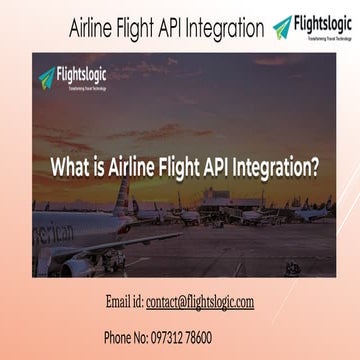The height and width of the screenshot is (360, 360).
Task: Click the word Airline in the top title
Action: click(x=92, y=28)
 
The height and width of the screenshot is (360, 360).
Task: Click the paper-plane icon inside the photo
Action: click(x=46, y=76)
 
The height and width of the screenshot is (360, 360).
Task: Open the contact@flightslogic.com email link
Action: click(x=199, y=301)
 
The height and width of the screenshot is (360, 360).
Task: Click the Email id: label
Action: click(x=124, y=301)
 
